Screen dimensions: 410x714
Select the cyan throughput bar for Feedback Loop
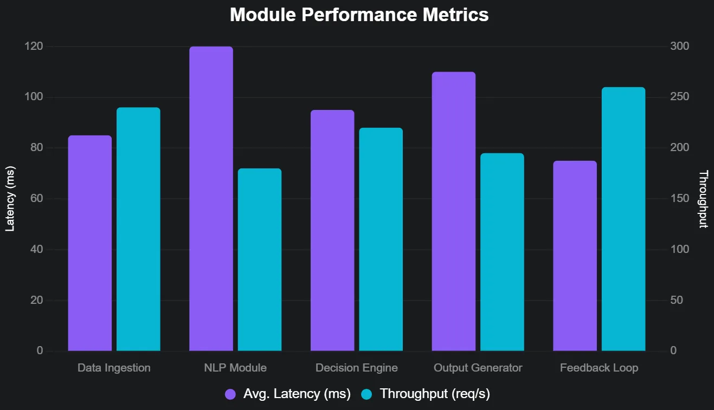coord(623,219)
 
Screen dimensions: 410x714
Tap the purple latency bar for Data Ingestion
coord(89,243)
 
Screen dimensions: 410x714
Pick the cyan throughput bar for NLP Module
coord(260,260)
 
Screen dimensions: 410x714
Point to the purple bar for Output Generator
coord(454,211)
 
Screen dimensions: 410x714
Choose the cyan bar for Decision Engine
coord(381,239)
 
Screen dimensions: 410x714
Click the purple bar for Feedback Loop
coord(575,256)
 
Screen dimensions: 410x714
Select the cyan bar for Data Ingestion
coord(138,229)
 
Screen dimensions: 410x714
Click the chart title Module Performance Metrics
coord(359,15)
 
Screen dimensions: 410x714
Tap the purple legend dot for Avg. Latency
coord(230,394)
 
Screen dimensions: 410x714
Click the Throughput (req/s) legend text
coord(435,394)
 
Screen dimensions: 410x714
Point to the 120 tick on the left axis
coord(34,47)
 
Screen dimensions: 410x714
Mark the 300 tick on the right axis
coord(680,47)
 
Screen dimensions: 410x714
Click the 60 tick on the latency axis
coord(36,199)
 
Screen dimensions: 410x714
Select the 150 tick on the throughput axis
coord(680,199)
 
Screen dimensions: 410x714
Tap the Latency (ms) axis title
coord(9,199)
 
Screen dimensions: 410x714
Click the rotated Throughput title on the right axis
coord(703,199)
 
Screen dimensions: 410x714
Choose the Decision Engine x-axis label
coord(356,368)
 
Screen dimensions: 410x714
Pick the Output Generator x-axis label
coord(478,368)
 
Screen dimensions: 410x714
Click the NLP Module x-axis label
coord(235,368)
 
